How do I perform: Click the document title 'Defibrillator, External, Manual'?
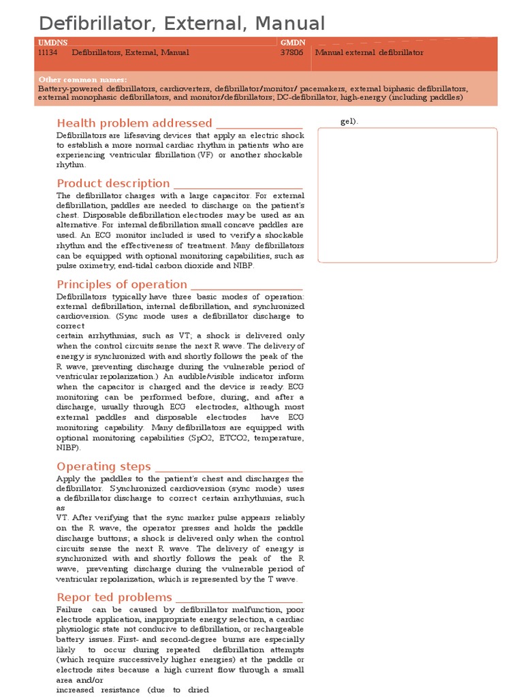(x=182, y=23)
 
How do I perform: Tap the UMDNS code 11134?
(x=48, y=52)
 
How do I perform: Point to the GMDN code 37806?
(x=291, y=52)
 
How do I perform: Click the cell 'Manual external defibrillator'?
(x=369, y=52)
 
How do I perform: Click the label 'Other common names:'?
(x=82, y=80)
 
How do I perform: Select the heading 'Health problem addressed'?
(x=134, y=123)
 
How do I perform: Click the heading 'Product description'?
(x=113, y=183)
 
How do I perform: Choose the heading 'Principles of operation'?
(x=122, y=285)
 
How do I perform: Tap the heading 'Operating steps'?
(x=104, y=466)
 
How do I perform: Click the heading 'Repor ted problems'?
(x=114, y=597)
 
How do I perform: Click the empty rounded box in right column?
(x=407, y=195)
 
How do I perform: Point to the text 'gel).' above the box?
(x=349, y=122)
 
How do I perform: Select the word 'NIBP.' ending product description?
(x=242, y=266)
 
